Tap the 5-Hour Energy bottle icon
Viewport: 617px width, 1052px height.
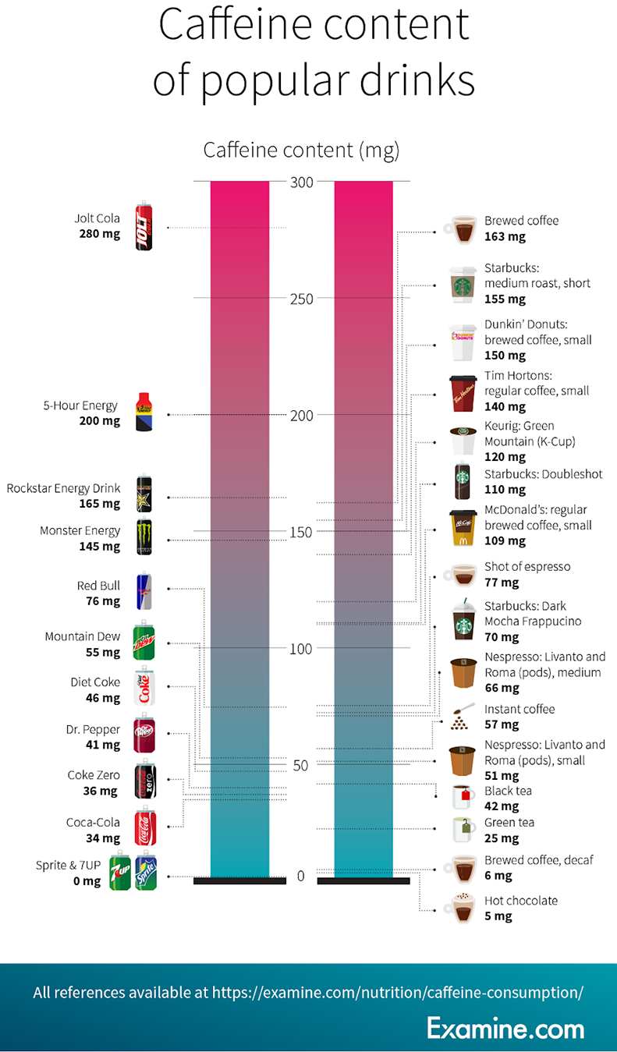(144, 413)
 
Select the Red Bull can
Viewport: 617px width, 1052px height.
(144, 591)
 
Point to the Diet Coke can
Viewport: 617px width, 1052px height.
(144, 687)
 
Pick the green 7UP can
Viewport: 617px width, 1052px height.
(120, 873)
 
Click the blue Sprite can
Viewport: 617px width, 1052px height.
(146, 873)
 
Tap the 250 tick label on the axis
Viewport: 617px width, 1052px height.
(302, 299)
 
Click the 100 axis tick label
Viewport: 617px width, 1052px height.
(302, 648)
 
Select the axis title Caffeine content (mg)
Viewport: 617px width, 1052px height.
(301, 150)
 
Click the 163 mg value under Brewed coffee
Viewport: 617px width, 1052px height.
(505, 236)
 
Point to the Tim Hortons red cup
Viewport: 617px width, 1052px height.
(462, 392)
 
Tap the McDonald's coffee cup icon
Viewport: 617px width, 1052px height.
(462, 528)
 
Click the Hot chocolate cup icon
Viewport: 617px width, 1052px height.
(460, 908)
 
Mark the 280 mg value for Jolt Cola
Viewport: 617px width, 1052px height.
(100, 233)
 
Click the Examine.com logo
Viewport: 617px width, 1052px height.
(505, 1028)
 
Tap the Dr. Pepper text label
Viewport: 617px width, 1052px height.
(93, 730)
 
